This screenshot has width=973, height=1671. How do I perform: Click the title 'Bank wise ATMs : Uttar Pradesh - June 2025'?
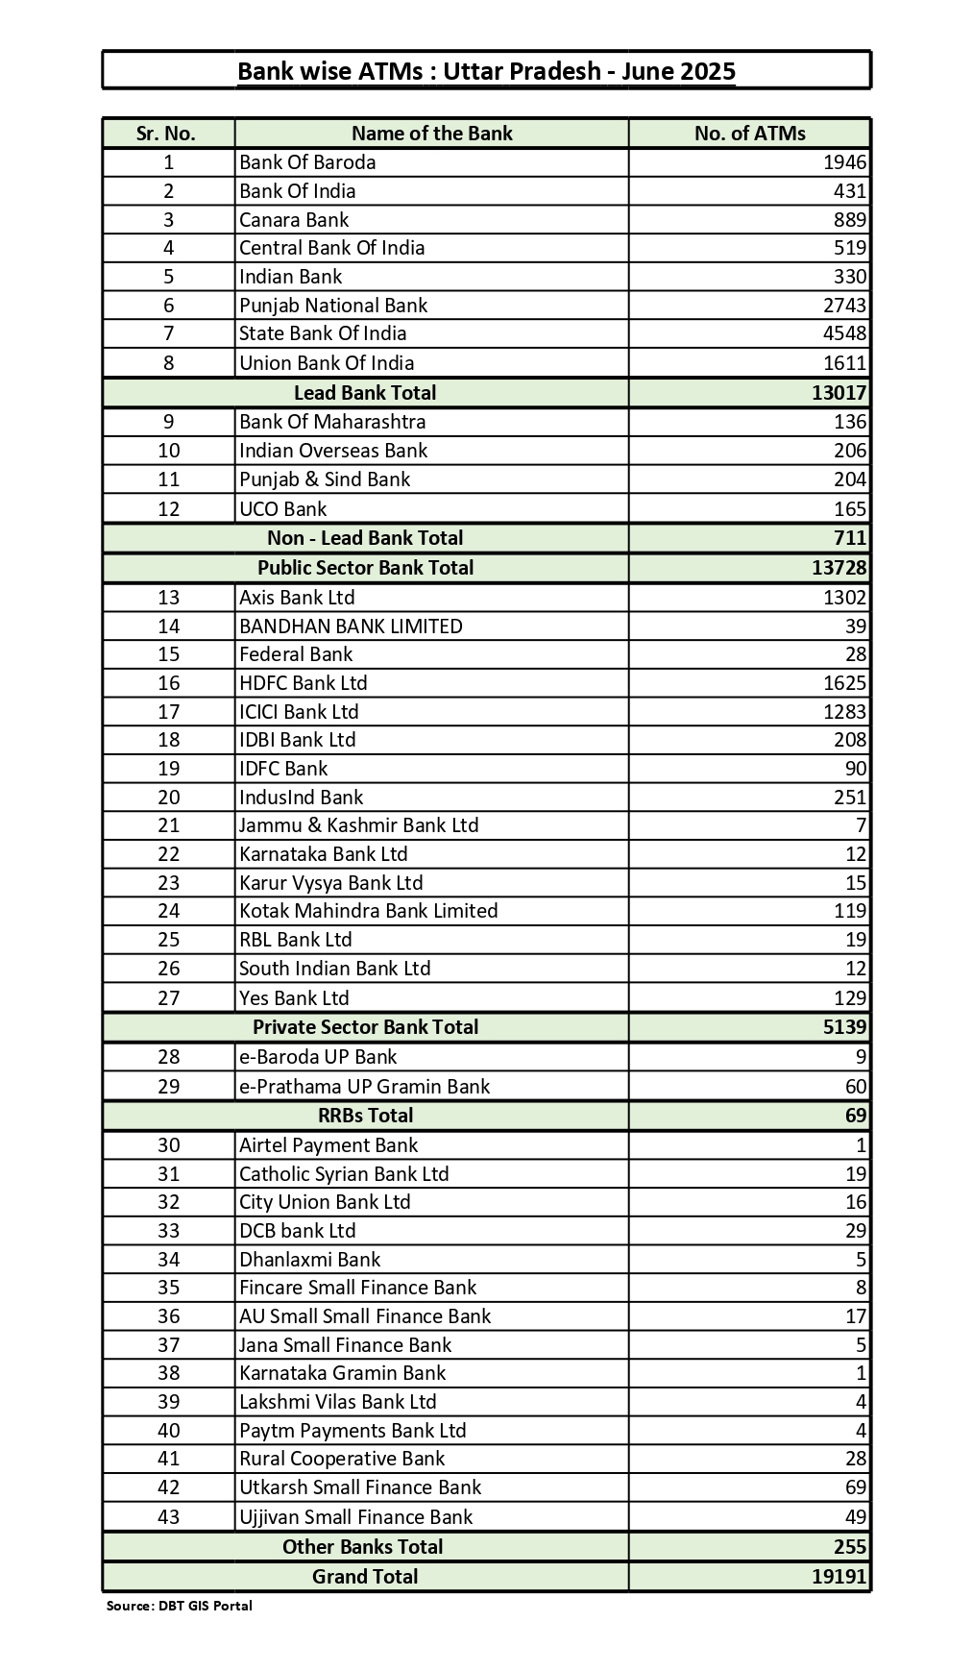(486, 71)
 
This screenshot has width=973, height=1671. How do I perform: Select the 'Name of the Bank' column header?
(431, 134)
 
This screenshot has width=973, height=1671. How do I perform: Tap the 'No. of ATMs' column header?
(749, 134)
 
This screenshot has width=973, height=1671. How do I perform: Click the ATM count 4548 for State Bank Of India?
(844, 333)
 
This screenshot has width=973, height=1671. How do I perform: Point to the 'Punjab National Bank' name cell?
(333, 306)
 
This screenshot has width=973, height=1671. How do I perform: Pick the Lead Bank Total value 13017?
(839, 393)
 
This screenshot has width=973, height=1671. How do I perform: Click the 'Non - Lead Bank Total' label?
(365, 538)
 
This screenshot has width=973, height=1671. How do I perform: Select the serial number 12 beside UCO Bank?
(169, 509)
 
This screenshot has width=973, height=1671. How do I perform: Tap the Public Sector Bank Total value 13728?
(839, 568)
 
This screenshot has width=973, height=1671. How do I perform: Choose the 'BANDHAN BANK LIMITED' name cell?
(351, 627)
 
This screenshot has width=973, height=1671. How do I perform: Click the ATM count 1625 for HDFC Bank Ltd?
(844, 683)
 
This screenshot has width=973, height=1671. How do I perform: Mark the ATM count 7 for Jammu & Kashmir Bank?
(861, 825)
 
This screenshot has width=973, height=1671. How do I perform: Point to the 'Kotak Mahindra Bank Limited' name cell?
(368, 911)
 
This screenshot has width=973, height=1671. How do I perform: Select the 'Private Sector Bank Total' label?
(365, 1027)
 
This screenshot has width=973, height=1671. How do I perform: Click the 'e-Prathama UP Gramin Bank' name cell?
(364, 1087)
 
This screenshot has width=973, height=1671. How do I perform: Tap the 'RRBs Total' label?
(365, 1116)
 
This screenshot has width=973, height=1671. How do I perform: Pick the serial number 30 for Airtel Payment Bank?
(169, 1145)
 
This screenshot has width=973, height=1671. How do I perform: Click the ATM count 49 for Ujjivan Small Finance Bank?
(855, 1517)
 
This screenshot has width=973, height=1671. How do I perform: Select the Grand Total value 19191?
(839, 1577)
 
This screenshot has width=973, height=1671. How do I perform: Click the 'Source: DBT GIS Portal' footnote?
(179, 1606)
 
